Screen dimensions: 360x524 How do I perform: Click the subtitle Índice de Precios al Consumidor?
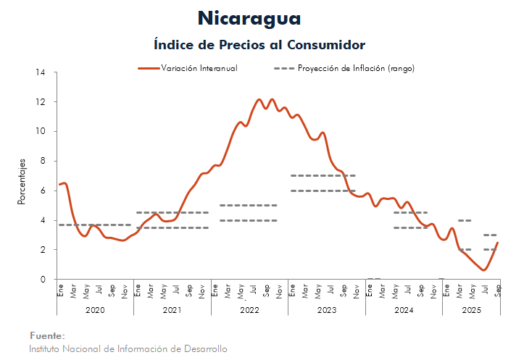[x=259, y=44]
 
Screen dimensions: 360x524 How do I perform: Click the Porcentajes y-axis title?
[x=22, y=182]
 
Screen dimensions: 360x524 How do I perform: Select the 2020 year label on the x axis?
[x=94, y=310]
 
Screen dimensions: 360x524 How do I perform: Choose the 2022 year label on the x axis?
[x=249, y=310]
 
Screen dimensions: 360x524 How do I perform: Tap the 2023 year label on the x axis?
[x=326, y=310]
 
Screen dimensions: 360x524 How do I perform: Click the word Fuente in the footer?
[x=47, y=336]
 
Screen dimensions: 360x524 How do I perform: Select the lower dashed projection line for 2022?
[x=249, y=220]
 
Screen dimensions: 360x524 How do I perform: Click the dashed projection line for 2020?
[x=94, y=225]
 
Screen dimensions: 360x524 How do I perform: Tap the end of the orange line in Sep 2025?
[x=498, y=243]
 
